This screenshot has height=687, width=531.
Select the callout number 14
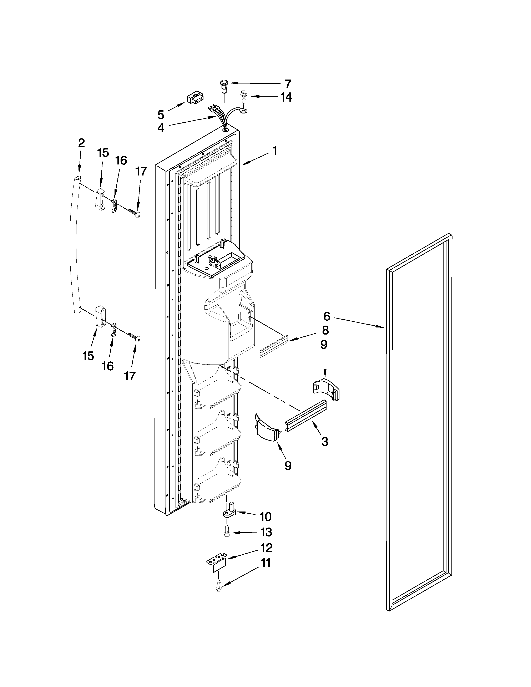[x=286, y=97]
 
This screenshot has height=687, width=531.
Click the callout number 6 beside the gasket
[x=327, y=316]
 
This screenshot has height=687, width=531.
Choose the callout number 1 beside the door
[x=275, y=151]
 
